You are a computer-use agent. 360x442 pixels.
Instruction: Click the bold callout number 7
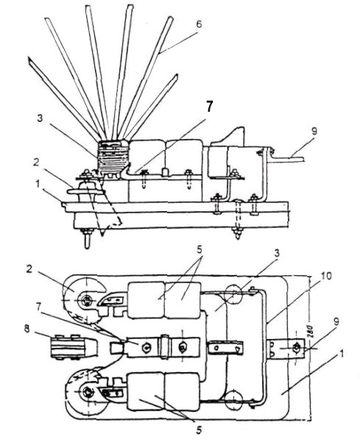208,107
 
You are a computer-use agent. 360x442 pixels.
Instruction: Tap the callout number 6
199,24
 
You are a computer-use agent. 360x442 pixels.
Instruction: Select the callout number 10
326,277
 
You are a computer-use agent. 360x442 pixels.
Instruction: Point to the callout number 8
27,329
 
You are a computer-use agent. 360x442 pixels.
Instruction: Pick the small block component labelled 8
74,347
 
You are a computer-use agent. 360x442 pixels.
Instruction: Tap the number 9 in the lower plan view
336,321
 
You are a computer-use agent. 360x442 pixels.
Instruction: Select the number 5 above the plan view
200,249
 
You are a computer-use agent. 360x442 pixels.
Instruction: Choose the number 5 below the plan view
199,430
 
